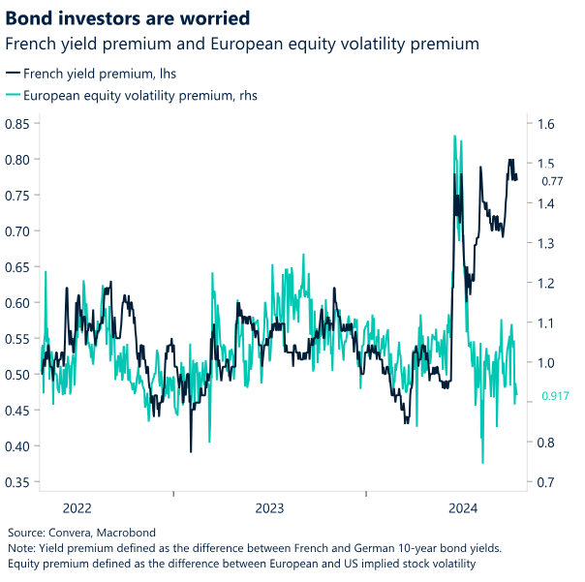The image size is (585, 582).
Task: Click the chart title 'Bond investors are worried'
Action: coord(128,17)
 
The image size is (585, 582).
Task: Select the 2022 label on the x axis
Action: coord(77,507)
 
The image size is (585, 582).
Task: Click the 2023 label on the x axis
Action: coord(269,507)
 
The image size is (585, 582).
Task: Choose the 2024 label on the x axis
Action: coord(464,507)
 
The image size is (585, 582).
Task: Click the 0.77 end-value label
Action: coord(552,181)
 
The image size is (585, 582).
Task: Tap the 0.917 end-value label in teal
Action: coord(555,395)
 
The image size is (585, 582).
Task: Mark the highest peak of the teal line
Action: coord(454,137)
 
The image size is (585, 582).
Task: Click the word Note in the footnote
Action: coord(21,547)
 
